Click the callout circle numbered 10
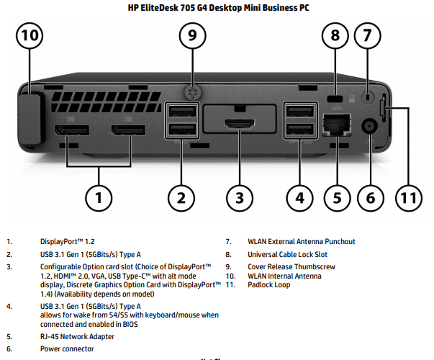30,35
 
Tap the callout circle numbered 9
191,35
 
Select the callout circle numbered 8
335,35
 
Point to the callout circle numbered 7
367,35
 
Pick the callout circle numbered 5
335,196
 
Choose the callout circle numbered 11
409,196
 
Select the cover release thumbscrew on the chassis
191,91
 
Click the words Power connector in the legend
67,349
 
